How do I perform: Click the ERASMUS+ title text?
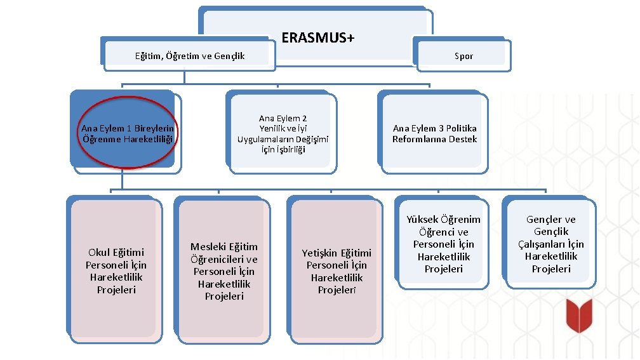[x=317, y=38]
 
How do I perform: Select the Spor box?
[x=463, y=56]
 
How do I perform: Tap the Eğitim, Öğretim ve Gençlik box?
[x=189, y=56]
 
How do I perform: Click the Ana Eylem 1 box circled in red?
[x=127, y=133]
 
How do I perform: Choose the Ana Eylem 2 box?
[x=283, y=134]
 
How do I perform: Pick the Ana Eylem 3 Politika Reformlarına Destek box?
[x=434, y=134]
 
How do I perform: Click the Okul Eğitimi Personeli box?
[x=116, y=271]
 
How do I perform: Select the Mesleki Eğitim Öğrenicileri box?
[x=223, y=271]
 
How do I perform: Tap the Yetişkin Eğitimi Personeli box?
[x=336, y=271]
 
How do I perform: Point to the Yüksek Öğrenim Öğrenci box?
[x=443, y=244]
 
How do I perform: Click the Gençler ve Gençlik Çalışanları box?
[x=550, y=244]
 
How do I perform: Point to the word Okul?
[x=100, y=253]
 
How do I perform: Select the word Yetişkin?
[x=319, y=253]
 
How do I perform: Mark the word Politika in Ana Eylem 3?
[x=461, y=129]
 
